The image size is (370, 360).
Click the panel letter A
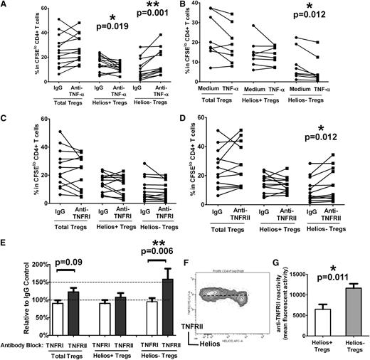[x=6, y=6]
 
